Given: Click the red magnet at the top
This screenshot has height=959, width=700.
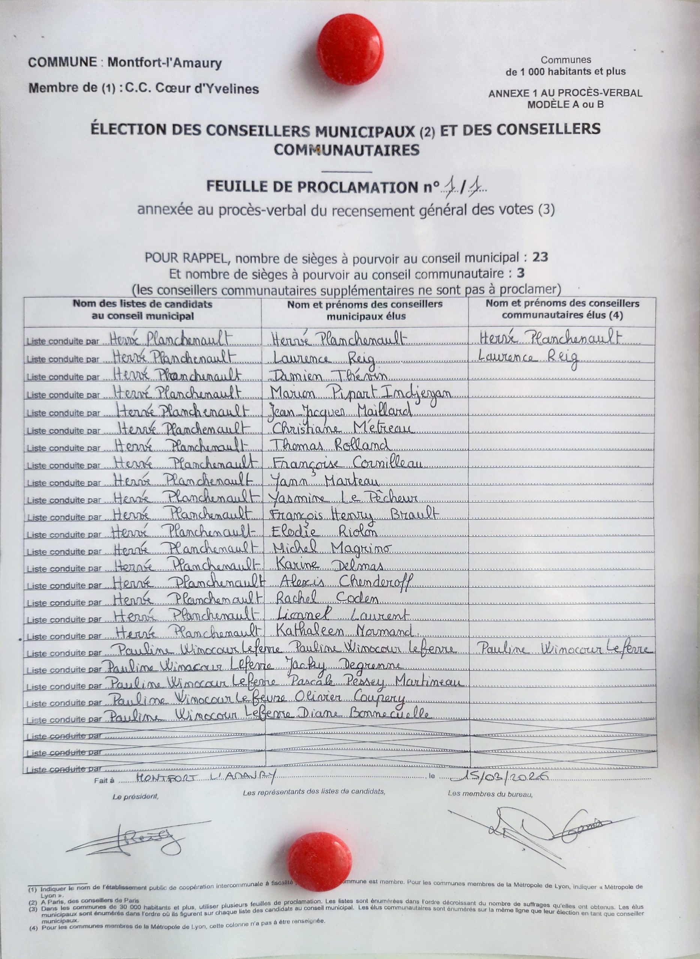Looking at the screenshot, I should pos(350,49).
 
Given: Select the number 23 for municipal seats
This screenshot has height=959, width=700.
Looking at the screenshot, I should pos(540,257).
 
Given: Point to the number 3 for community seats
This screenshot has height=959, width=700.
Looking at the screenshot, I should pos(520,273).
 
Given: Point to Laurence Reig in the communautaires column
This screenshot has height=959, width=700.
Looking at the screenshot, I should pos(528,358).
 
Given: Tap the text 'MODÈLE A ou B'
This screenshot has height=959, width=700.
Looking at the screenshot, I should pos(565,105).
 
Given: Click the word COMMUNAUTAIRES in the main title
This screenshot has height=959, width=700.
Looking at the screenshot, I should pos(346,150).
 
